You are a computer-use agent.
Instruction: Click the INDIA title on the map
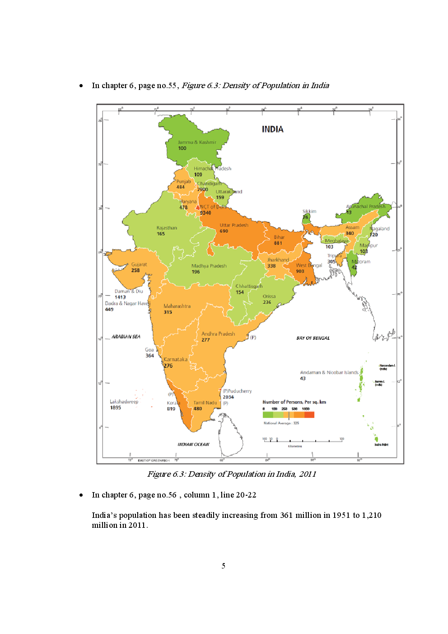272,129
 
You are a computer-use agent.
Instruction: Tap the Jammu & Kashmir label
197,142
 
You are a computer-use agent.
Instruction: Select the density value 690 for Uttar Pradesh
224,231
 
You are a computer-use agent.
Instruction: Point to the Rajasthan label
167,228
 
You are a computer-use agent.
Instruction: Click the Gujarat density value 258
135,270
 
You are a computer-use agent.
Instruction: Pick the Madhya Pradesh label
209,266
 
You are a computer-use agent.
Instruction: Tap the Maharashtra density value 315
168,312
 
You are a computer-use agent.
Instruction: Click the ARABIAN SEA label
126,337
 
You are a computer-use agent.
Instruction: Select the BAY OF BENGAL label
313,338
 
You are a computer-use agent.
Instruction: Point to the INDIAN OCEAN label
193,445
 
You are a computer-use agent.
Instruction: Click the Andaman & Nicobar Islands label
329,372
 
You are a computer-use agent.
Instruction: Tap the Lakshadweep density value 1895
116,408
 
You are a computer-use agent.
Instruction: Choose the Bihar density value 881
278,243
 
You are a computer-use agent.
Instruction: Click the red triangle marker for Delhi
197,207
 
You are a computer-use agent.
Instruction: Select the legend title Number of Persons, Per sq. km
294,402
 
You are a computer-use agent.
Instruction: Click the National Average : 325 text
281,423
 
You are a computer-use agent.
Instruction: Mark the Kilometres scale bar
303,440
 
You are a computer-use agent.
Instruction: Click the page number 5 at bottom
223,566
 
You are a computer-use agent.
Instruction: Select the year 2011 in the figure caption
307,474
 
